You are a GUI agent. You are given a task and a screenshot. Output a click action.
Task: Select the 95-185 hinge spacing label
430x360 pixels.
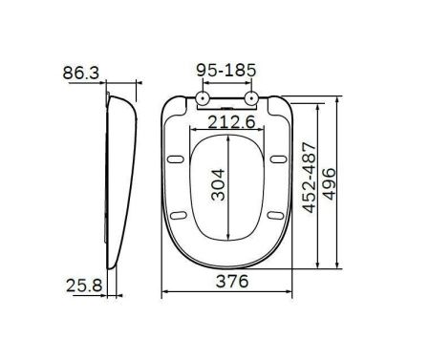pyautogui.click(x=227, y=71)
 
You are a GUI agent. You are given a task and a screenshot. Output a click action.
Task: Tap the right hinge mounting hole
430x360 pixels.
pyautogui.click(x=250, y=97)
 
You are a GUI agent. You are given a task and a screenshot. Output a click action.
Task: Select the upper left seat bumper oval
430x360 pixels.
pyautogui.click(x=179, y=158)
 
